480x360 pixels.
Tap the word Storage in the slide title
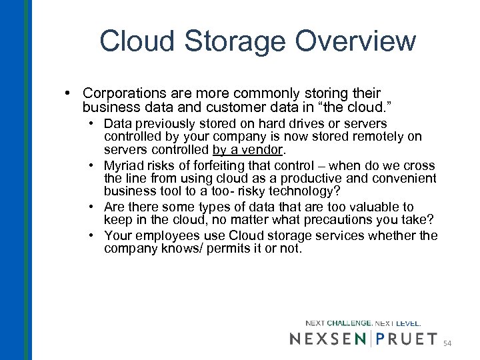229,41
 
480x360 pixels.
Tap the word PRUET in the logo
406,339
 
